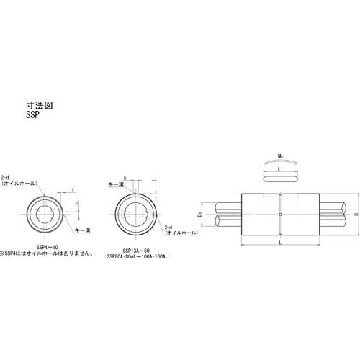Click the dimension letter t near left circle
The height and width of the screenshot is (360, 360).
[73, 190]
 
